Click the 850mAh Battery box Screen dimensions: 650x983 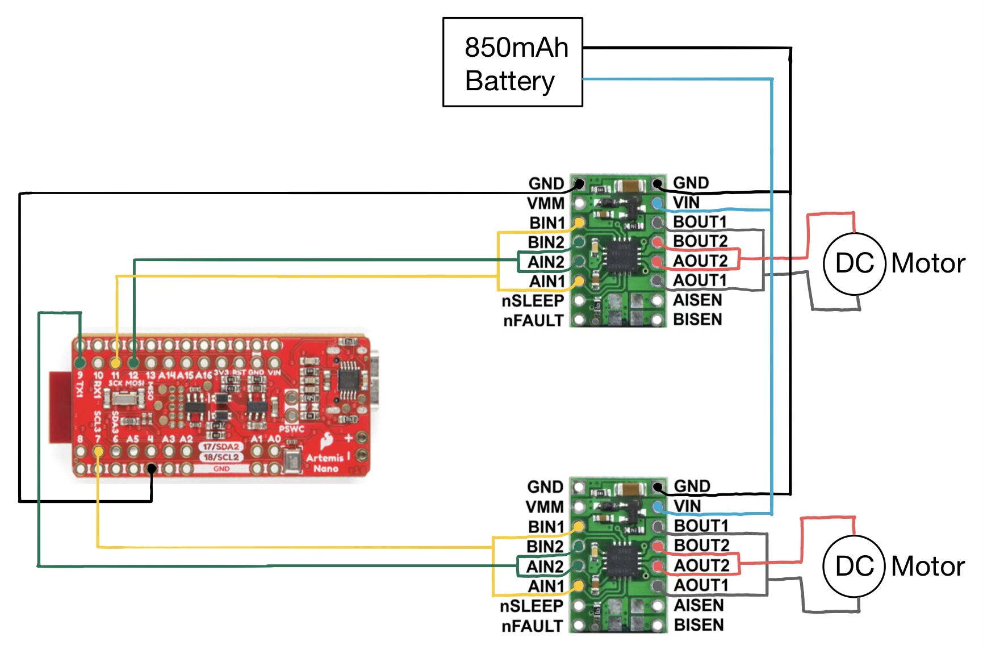[512, 62]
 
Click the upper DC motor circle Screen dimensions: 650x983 [854, 263]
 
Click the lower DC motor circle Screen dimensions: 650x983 [854, 566]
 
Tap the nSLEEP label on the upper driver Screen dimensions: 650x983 [532, 301]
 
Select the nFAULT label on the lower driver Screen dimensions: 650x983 [532, 626]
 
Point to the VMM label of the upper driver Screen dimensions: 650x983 [545, 203]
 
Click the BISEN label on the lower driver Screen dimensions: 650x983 [698, 625]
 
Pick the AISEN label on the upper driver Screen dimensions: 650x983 [697, 300]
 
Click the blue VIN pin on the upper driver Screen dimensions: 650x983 [658, 203]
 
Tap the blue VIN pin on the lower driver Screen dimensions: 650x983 [658, 506]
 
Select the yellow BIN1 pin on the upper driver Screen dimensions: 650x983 [579, 223]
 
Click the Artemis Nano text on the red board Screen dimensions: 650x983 [325, 463]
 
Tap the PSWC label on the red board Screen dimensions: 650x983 [291, 429]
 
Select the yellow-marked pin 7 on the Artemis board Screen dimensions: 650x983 [98, 452]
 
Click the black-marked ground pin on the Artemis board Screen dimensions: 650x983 [152, 469]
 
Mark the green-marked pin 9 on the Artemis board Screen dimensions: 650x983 [80, 362]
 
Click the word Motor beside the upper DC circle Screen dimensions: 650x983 [928, 263]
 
